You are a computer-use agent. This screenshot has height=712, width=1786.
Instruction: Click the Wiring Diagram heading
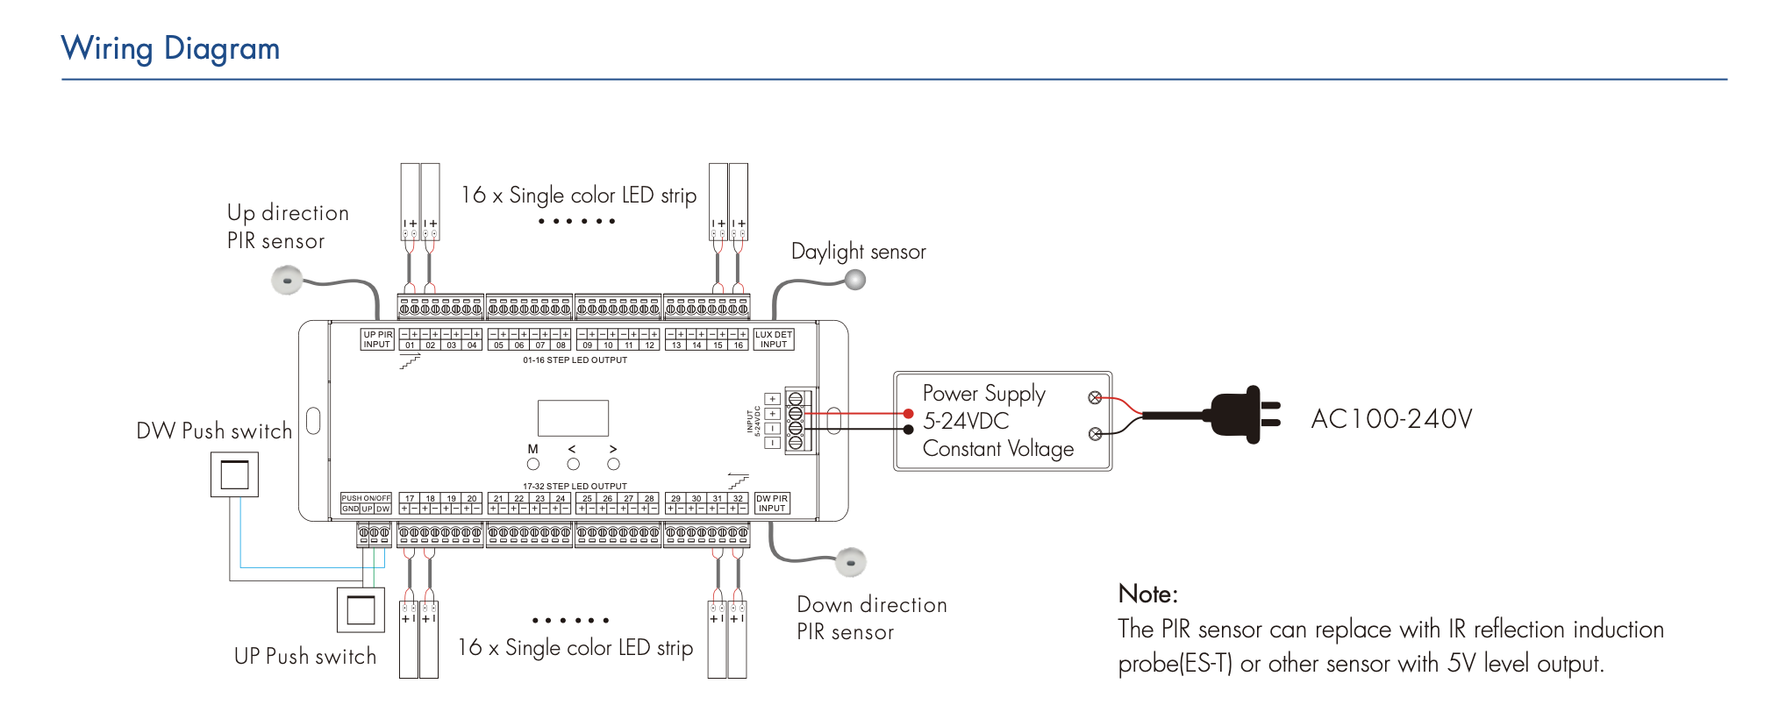pyautogui.click(x=170, y=48)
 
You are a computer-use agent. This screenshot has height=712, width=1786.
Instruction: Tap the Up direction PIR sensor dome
pyautogui.click(x=287, y=281)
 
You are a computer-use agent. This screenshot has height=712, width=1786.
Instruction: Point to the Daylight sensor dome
pyautogui.click(x=855, y=280)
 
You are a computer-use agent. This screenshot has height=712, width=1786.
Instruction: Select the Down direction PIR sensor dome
pyautogui.click(x=851, y=561)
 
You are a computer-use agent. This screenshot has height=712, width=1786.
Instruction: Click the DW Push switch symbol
pyautogui.click(x=234, y=474)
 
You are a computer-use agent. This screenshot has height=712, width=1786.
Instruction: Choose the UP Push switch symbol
pyautogui.click(x=361, y=609)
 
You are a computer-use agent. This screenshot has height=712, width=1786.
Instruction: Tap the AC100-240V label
pyautogui.click(x=1391, y=419)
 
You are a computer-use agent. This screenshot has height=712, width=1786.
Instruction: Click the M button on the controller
pyautogui.click(x=532, y=464)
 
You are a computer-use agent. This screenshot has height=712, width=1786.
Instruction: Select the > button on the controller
pyautogui.click(x=613, y=464)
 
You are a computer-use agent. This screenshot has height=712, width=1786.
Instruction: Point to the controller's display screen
pyautogui.click(x=573, y=418)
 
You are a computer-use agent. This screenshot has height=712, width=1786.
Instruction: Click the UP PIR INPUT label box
pyautogui.click(x=377, y=339)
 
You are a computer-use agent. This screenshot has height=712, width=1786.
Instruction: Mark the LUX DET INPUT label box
pyautogui.click(x=774, y=339)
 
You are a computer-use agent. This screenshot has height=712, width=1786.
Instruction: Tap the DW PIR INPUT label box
pyautogui.click(x=772, y=503)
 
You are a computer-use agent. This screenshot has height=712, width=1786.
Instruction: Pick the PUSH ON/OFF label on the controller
pyautogui.click(x=366, y=498)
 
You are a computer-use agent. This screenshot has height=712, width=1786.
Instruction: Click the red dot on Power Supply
pyautogui.click(x=909, y=414)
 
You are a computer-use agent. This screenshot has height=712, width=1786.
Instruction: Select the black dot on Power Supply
pyautogui.click(x=909, y=430)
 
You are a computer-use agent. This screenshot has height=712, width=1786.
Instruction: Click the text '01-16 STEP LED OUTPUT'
pyautogui.click(x=575, y=360)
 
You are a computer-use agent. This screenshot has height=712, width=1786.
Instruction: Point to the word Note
pyautogui.click(x=1147, y=595)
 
